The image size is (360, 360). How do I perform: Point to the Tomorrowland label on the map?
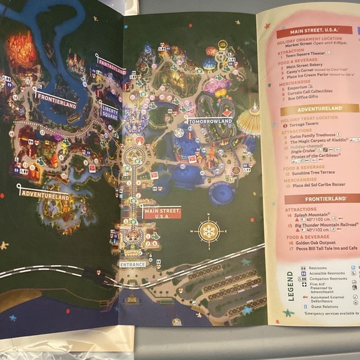click(210, 121)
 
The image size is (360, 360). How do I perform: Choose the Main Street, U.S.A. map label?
click(162, 213)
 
